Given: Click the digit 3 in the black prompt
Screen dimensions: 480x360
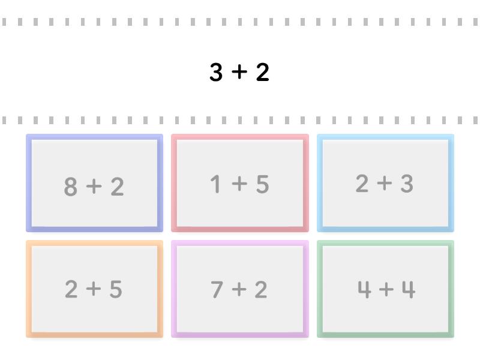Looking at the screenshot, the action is coord(216,72).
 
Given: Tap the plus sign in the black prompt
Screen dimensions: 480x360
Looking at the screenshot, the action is coord(239,72).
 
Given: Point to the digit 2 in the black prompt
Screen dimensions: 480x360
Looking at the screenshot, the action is coord(263,72).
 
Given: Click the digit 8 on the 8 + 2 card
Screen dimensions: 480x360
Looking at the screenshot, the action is coord(70,186).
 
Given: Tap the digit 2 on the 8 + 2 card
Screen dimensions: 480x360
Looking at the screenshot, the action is coord(117,186).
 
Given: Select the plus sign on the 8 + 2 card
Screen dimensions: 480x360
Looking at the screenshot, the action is coord(94,186).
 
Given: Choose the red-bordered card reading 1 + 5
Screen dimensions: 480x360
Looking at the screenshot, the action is coord(240,183).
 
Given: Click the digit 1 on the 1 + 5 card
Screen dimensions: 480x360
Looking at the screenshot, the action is coord(215,184).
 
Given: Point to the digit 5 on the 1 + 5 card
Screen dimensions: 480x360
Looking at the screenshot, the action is coord(263,184).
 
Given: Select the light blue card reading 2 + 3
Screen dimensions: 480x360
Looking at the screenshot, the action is coord(385,183).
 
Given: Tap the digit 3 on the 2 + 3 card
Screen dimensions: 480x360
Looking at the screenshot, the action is coord(407,184).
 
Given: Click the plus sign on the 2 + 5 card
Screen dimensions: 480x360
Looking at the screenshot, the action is coord(94,289).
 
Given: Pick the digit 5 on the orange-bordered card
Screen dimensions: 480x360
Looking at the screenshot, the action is coord(116,289).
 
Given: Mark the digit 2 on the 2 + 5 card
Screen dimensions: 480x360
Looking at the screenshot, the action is coord(71,289).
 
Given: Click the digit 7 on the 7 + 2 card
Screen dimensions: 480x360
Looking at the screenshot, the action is coord(217,289).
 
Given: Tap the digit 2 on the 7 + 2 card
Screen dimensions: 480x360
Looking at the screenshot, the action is coord(261,289).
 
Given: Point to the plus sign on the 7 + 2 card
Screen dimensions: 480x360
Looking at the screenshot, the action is coord(239,289).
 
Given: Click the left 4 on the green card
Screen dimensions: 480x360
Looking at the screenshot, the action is coord(364,289).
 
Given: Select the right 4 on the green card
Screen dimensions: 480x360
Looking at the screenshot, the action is coord(409,289).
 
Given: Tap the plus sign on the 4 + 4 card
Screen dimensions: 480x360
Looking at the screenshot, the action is coord(386,289).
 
